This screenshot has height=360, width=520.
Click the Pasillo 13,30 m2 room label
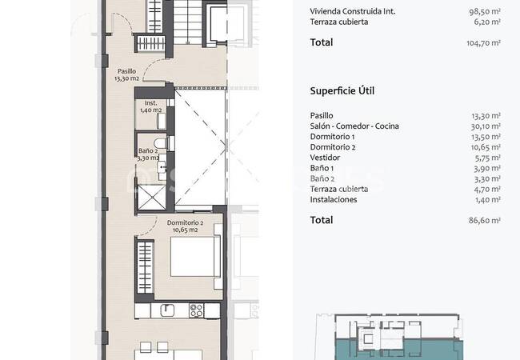coord(126,75)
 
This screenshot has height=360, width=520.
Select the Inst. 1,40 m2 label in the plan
coord(151,106)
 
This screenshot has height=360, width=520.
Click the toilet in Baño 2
coord(160,143)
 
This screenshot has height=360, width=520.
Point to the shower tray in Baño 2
coord(151,198)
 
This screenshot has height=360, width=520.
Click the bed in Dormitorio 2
coord(196,256)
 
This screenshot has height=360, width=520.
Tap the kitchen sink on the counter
coord(168,310)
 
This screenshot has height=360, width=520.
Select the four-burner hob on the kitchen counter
coord(196,310)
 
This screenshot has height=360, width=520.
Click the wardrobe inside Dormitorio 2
coord(145,267)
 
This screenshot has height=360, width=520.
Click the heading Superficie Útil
coord(342,91)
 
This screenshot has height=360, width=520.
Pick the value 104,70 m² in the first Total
coord(483,42)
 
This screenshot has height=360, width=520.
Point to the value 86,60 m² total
coord(485,220)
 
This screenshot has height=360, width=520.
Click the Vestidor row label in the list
coord(325,158)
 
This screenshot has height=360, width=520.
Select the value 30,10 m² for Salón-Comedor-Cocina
coord(486,126)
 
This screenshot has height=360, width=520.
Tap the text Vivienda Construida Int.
coord(353,11)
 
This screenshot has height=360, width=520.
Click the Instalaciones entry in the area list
coord(334,199)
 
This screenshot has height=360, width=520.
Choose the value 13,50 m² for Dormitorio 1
coord(486,137)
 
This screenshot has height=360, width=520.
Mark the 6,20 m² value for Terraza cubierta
coord(487,22)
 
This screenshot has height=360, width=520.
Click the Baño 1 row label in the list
coord(322,168)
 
